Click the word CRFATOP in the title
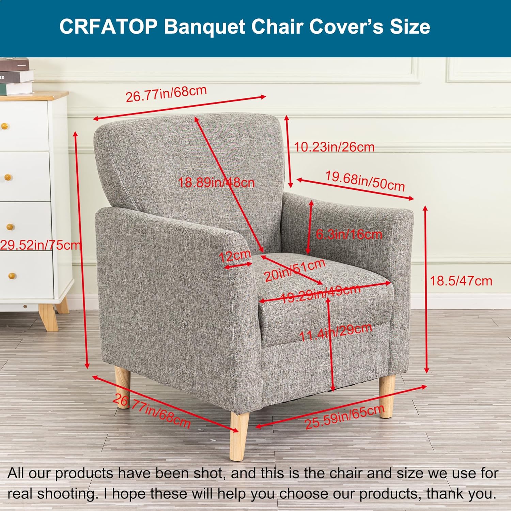coord(108,27)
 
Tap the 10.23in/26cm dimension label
coord(334,147)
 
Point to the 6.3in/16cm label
coord(349,234)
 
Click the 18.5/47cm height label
coord(461,281)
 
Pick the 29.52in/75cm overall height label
coord(40,245)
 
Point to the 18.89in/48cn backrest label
coord(217,183)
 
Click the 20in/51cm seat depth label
coord(295,270)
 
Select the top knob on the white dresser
coord(4,126)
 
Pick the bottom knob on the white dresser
coord(12,275)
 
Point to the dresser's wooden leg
coord(48,317)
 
